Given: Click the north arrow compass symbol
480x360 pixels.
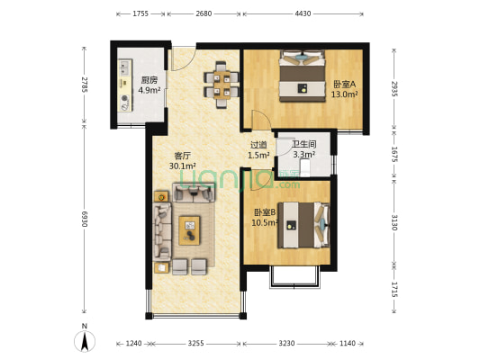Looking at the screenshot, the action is click(x=85, y=338).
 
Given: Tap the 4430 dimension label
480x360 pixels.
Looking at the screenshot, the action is click(x=303, y=13).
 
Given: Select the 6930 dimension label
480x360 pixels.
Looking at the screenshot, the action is click(x=85, y=219).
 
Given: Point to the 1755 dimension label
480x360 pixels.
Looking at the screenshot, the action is click(x=140, y=13).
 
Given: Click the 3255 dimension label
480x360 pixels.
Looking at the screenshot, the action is click(x=196, y=343).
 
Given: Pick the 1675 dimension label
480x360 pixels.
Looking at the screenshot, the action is click(x=394, y=155).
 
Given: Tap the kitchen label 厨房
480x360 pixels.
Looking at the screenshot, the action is click(x=149, y=80).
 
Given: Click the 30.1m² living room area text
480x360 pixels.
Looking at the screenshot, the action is click(x=183, y=166).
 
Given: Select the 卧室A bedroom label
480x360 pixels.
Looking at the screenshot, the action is click(x=344, y=84).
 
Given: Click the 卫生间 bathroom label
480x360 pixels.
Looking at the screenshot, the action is click(x=304, y=144).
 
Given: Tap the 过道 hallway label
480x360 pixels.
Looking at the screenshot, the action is click(x=258, y=145).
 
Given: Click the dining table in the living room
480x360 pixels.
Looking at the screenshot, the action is click(x=222, y=85).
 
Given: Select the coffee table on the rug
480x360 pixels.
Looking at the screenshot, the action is click(x=189, y=230).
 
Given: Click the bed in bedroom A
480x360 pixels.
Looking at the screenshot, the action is click(x=303, y=76).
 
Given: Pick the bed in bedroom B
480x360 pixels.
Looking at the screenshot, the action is click(x=303, y=225).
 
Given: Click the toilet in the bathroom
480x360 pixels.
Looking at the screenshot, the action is click(x=305, y=168).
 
